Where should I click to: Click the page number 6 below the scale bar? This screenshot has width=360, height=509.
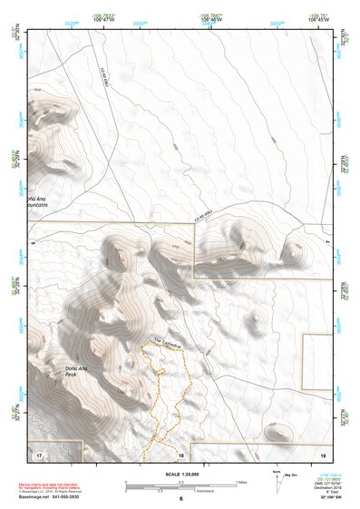point(181,499)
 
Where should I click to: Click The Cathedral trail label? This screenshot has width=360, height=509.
point(168,342)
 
